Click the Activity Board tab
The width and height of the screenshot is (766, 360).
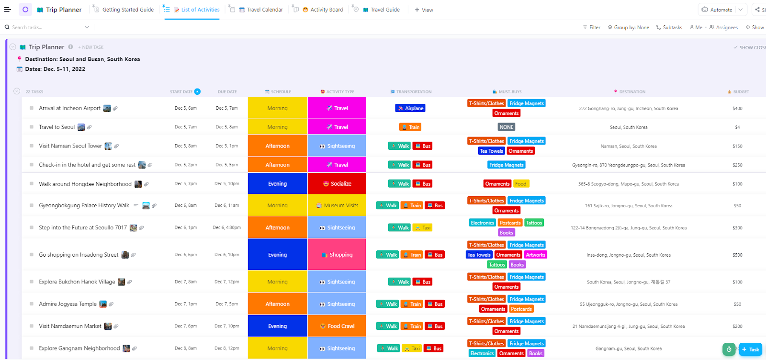[326, 10]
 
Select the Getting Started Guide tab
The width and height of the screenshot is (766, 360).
[127, 10]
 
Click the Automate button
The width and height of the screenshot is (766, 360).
[717, 10]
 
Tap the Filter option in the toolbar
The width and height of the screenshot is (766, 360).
[592, 27]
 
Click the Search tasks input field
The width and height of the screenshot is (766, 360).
[45, 27]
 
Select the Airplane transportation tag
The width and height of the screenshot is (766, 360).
[410, 108]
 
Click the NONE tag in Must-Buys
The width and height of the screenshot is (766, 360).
[506, 127]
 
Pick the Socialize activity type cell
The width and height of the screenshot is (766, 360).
[337, 184]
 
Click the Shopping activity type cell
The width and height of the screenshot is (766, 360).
[337, 255]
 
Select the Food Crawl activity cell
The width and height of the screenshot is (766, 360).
[337, 326]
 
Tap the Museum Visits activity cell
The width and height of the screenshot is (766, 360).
[337, 205]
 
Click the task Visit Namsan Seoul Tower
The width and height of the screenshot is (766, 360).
[70, 146]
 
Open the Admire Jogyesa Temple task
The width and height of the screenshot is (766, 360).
[68, 304]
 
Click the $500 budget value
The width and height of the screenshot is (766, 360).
[737, 255]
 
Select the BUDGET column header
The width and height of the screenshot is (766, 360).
[741, 91]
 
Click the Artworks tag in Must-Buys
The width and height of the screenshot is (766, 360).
[535, 255]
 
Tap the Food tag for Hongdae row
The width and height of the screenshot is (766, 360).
[520, 184]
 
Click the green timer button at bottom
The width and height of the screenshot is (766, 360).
[729, 349]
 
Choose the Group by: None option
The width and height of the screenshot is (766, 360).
[629, 27]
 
